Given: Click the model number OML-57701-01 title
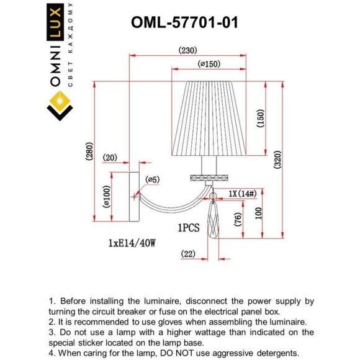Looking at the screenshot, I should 185,23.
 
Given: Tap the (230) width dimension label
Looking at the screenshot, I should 189,51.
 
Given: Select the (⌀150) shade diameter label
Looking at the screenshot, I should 210,64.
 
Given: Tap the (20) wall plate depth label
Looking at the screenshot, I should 110,158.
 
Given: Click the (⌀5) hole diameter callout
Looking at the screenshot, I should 153,180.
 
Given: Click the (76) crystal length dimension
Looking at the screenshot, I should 237,218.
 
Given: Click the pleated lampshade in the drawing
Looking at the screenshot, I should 210,118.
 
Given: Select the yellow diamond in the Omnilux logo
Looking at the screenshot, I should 60,98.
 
